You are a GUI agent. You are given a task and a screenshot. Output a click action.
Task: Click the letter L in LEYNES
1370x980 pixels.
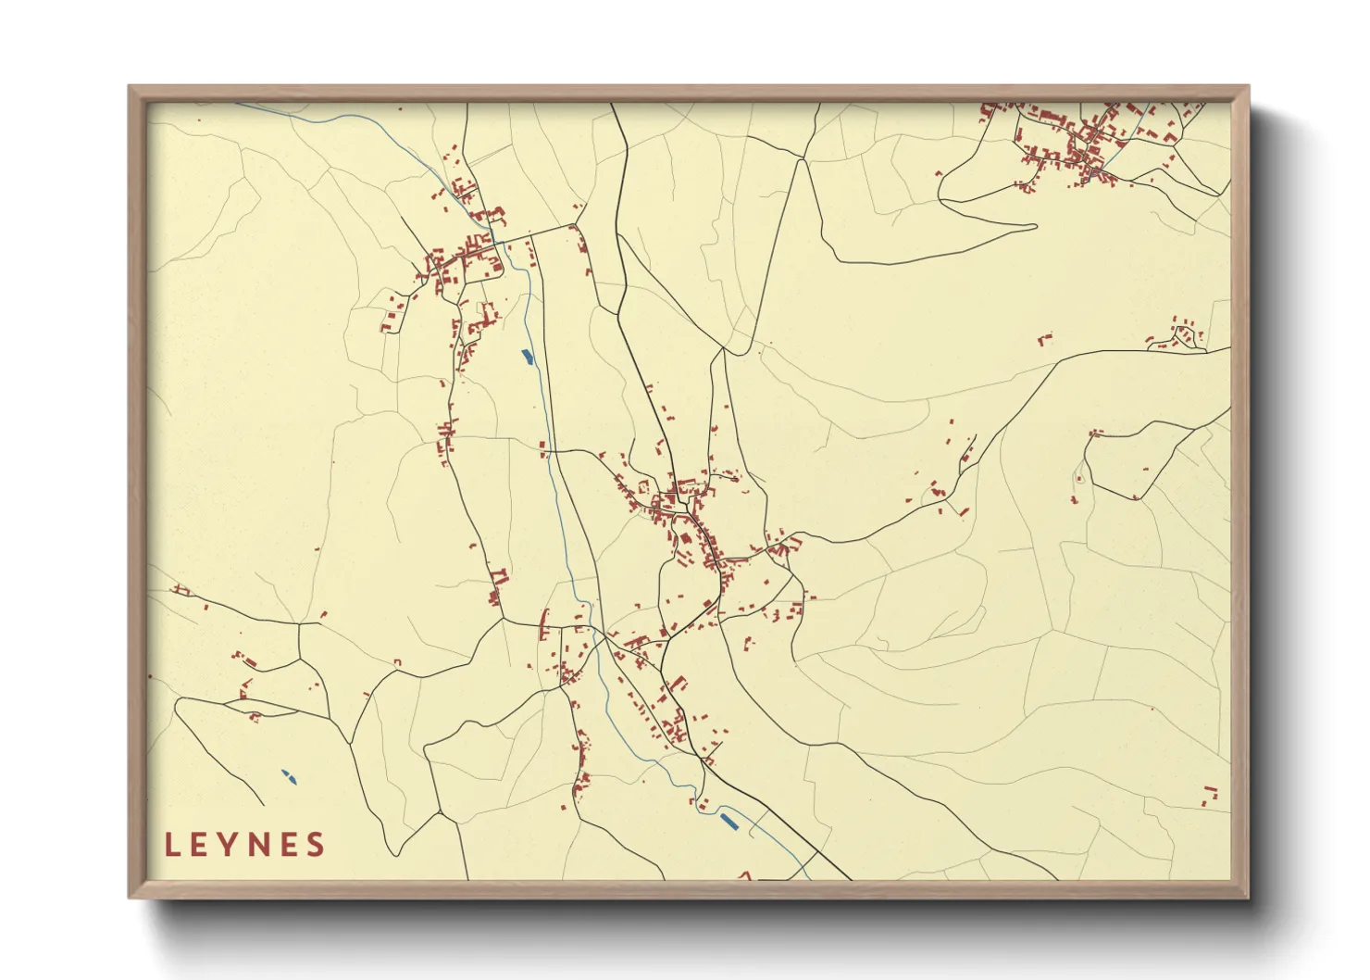coord(172,845)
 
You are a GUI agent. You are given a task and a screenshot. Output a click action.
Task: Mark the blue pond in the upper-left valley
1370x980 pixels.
coord(527,356)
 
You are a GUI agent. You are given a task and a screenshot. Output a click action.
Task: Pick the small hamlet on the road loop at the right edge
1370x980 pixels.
coord(1180,335)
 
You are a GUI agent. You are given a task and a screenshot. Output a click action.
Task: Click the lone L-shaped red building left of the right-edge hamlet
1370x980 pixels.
coord(1046,340)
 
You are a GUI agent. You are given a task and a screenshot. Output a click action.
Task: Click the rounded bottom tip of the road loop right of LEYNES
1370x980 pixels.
coord(396,852)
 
